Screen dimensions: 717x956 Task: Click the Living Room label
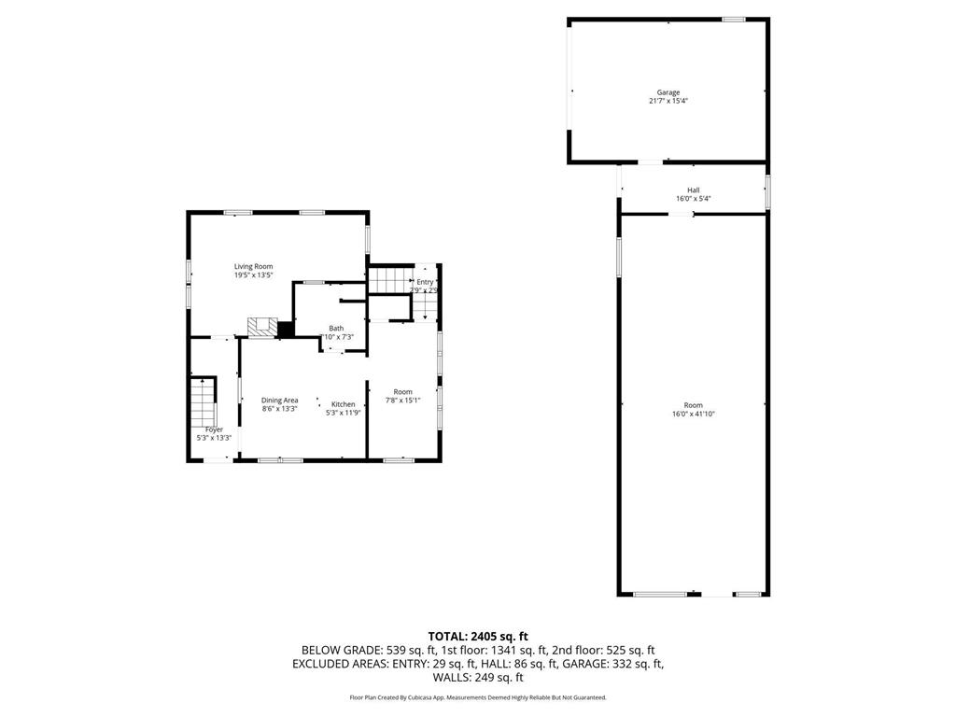pos(253,266)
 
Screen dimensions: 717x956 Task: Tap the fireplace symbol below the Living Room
pos(261,327)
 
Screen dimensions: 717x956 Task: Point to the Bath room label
pos(336,329)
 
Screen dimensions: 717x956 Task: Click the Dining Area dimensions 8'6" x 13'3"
pos(279,409)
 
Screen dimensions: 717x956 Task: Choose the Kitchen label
pos(343,404)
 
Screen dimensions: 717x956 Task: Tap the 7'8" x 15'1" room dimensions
pos(402,401)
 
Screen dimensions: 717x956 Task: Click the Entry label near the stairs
pos(425,282)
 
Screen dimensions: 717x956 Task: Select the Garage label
pos(668,92)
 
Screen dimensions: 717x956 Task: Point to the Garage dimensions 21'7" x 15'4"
pos(668,101)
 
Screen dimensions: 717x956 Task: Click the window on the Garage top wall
pos(734,19)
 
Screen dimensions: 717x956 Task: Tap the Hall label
pos(694,190)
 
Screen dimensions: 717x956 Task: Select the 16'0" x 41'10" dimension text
pos(693,414)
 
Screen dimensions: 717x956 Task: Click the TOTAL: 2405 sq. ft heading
pos(478,637)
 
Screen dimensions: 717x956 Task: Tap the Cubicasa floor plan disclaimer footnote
pos(478,697)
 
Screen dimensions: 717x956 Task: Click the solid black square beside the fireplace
pos(286,329)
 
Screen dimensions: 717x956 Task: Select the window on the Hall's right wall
pos(768,191)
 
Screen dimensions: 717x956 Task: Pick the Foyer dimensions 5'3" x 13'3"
pos(214,438)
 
